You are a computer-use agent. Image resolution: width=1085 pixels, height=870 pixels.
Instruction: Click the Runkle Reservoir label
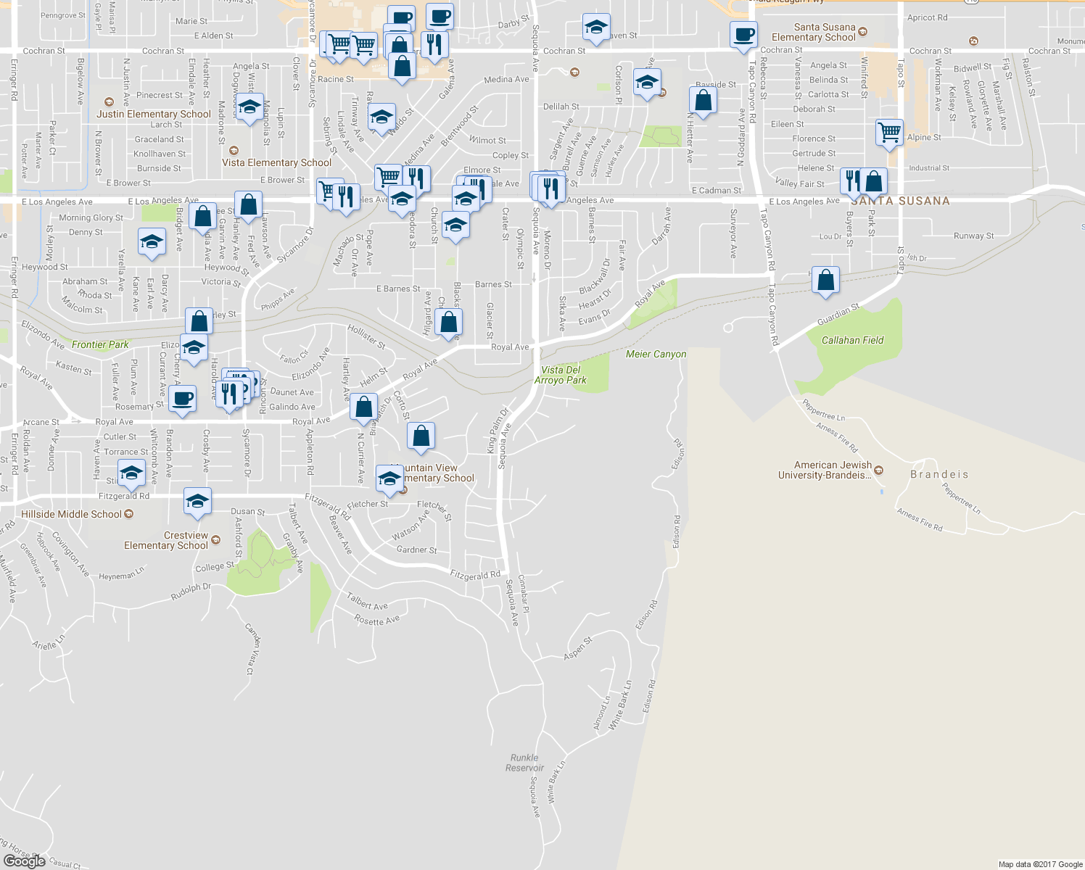[x=524, y=763]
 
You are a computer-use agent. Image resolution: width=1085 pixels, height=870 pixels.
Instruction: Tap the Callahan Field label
[x=852, y=340]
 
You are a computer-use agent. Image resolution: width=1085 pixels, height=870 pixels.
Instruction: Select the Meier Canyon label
[x=656, y=354]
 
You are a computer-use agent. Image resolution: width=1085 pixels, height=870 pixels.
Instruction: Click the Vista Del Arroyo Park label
[x=561, y=375]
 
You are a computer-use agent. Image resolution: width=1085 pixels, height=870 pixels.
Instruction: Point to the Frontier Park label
[x=100, y=344]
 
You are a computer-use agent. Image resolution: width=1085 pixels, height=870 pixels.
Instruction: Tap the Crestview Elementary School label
[x=166, y=541]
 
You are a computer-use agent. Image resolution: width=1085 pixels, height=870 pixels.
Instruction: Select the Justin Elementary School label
[x=154, y=114]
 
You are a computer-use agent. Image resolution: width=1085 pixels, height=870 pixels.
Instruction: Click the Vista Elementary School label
[x=276, y=162]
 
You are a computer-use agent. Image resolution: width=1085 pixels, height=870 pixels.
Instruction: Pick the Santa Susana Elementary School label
[x=814, y=33]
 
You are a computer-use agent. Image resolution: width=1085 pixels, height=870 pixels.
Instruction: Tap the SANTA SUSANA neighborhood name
[x=900, y=201]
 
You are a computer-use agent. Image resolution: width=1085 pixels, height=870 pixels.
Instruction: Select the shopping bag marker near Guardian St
[x=825, y=280]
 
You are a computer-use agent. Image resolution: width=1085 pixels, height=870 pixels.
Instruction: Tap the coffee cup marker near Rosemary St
[x=183, y=398]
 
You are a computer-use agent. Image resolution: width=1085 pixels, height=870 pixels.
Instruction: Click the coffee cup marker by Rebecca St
[x=743, y=35]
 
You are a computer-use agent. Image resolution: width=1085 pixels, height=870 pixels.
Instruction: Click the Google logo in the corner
[x=24, y=861]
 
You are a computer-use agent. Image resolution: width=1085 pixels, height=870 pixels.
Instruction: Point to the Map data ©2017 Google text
[x=1040, y=864]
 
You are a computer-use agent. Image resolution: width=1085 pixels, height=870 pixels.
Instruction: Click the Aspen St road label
[x=578, y=648]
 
